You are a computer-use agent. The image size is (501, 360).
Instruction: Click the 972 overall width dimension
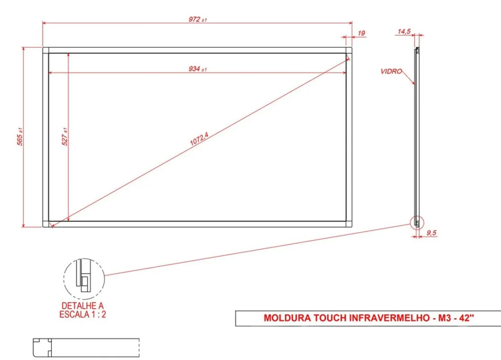[x=197, y=19]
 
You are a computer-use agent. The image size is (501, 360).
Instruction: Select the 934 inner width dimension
[x=197, y=69]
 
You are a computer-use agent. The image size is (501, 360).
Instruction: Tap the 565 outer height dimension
[x=20, y=136]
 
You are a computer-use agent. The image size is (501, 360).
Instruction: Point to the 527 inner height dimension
[x=65, y=136]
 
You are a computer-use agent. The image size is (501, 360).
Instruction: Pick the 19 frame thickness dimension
[x=362, y=33]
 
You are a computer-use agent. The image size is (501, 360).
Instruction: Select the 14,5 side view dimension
[x=404, y=31]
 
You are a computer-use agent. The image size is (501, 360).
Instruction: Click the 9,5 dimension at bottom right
[x=431, y=233]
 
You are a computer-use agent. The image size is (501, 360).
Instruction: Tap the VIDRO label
[x=391, y=71]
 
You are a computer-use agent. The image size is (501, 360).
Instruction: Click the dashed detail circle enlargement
[x=84, y=279]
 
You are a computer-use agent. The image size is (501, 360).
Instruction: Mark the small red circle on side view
[x=417, y=222]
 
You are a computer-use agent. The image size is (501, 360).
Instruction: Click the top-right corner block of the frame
[x=349, y=50]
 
